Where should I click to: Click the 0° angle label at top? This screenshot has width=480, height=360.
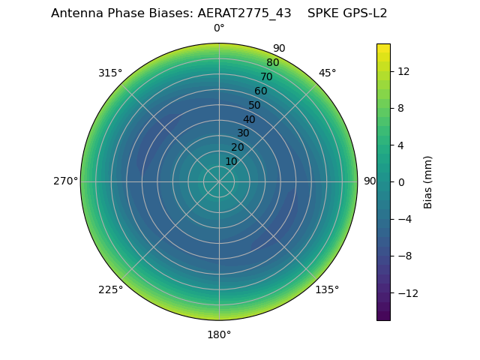click(x=219, y=28)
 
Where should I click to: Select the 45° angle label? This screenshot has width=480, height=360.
click(x=327, y=73)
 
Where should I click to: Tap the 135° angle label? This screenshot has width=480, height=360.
click(x=327, y=289)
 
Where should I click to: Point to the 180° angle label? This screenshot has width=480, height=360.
click(x=219, y=334)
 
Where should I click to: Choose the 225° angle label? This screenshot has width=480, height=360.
click(x=110, y=289)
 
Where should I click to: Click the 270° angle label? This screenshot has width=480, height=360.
click(x=65, y=181)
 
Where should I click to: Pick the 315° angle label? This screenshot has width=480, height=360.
click(x=110, y=73)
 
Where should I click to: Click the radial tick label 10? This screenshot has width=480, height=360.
click(x=231, y=161)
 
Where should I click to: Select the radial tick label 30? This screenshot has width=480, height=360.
click(x=243, y=133)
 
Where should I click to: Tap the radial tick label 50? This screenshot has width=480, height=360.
click(x=255, y=106)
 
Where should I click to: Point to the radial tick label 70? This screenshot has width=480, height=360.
click(x=266, y=77)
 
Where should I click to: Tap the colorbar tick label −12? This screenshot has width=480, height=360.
click(x=405, y=293)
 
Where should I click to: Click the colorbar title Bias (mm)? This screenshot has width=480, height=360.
click(x=428, y=182)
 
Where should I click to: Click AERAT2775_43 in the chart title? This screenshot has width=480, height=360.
click(x=244, y=13)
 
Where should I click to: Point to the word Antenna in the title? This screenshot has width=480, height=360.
click(x=76, y=13)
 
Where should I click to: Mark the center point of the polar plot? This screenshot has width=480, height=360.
click(x=219, y=181)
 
